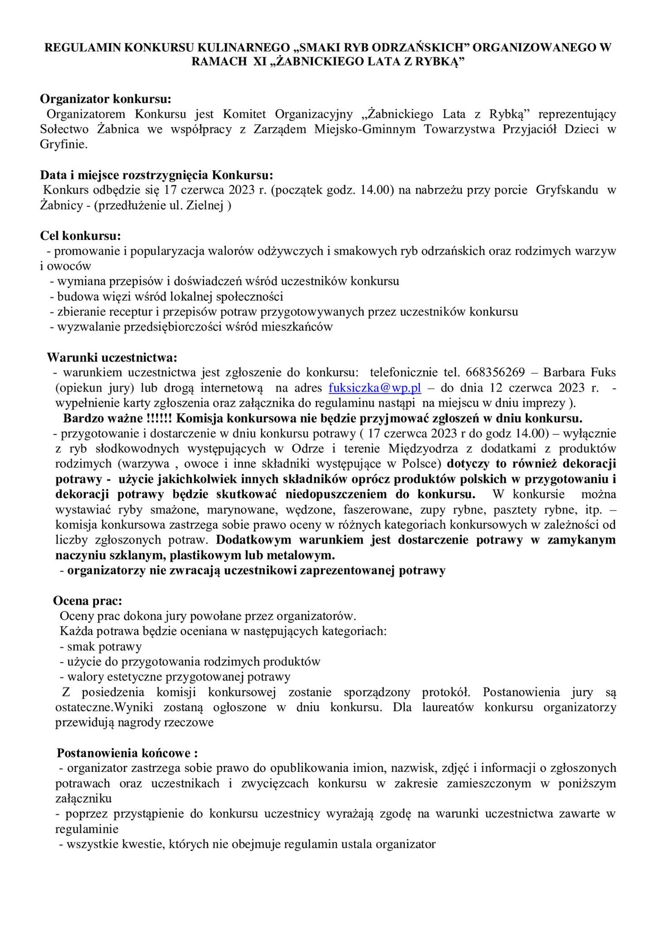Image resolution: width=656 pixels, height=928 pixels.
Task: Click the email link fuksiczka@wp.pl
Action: coord(375,388)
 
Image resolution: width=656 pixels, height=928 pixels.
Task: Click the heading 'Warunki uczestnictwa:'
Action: coord(111,357)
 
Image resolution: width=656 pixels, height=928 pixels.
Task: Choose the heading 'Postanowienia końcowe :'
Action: coord(127,753)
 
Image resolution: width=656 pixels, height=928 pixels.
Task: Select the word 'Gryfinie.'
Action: coord(63,145)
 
